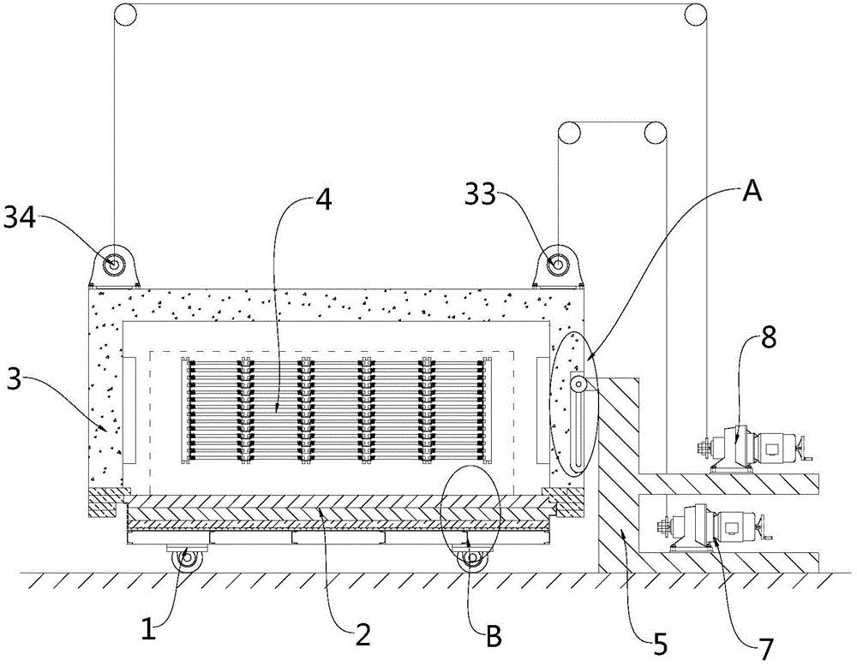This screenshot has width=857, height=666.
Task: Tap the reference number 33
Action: coord(481,193)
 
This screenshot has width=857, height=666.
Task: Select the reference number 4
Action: coord(324,200)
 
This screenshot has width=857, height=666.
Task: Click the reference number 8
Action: coord(769,338)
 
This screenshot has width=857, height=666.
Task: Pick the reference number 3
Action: coord(15,380)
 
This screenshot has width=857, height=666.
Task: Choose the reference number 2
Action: coord(363,635)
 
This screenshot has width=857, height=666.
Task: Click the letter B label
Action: coord(494,636)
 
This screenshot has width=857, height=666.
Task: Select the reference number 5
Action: coord(660,645)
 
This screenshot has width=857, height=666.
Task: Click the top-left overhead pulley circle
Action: coord(125,15)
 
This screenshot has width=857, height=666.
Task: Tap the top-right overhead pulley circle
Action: coord(696,15)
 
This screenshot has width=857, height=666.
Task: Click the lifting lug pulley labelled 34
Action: coord(114,265)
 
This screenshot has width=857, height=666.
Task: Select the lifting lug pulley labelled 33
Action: coord(558,265)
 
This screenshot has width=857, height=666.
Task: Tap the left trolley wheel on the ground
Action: coord(187,560)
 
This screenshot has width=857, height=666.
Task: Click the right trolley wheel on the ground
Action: coord(471,560)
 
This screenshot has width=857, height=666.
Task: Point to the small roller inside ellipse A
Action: coord(577,385)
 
